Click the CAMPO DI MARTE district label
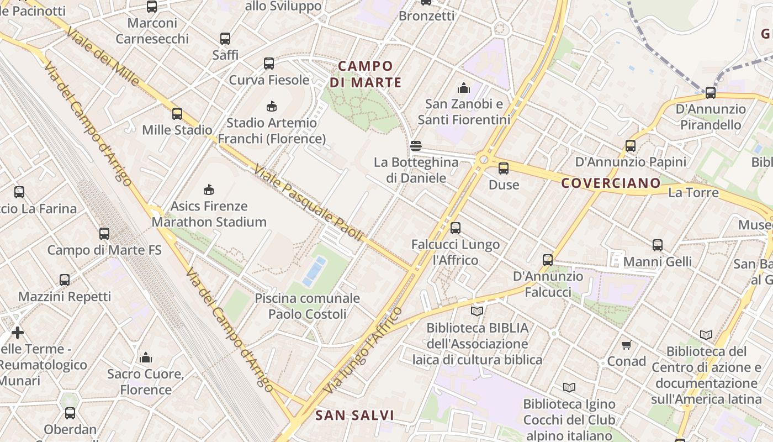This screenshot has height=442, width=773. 366,74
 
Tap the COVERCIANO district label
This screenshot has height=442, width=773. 611,183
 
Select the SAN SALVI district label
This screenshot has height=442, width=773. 354,415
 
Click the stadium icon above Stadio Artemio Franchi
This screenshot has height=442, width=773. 271,106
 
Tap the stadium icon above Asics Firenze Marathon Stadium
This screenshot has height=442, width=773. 209,190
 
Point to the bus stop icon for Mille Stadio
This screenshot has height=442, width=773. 177,114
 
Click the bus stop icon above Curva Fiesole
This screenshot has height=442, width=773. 269,64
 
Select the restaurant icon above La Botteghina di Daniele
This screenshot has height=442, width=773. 416,146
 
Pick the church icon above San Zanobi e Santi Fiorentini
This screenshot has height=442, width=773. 463,88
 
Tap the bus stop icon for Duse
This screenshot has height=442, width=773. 504,169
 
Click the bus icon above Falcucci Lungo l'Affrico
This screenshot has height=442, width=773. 456,228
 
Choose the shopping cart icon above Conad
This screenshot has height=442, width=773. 626,345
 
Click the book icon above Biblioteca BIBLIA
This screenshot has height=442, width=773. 477,312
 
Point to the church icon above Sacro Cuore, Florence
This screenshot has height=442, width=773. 146,358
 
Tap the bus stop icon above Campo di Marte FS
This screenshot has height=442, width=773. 104,234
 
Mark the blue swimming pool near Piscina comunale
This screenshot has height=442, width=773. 314,271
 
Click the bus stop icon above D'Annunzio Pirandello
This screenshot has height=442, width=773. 711,93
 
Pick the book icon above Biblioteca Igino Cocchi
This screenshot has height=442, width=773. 569,388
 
